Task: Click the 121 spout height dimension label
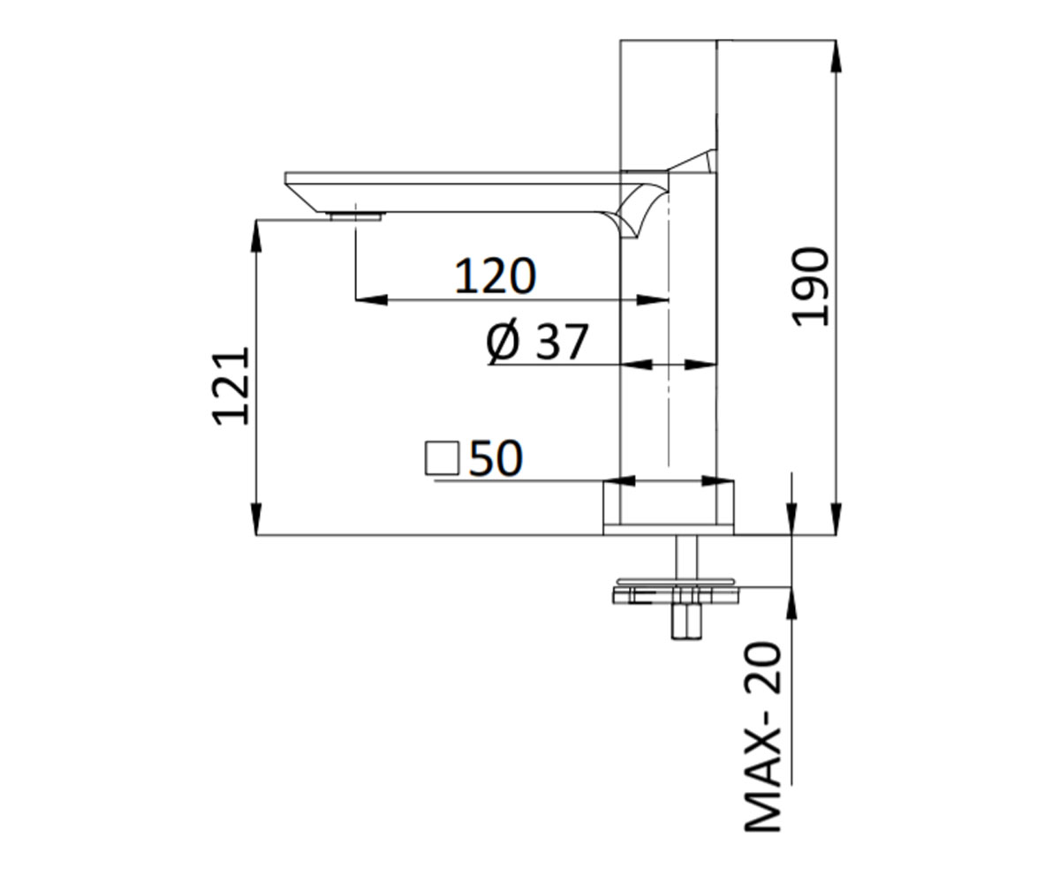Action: pos(231,387)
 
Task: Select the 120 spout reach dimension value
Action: pos(495,276)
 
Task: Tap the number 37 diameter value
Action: pos(562,342)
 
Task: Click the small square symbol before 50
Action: pos(442,459)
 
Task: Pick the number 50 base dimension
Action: pos(496,458)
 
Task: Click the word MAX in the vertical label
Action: pos(762,792)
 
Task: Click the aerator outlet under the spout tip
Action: pos(355,215)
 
